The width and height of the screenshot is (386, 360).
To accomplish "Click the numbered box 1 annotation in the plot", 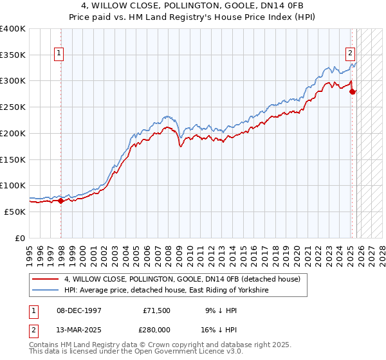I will [59, 54].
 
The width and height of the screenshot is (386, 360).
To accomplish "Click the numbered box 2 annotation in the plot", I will [350, 54].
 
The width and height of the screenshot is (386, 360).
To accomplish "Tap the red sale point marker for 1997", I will [61, 201].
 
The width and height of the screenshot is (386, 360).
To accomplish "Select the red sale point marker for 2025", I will [353, 91].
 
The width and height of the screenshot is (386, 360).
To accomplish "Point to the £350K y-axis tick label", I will [13, 55].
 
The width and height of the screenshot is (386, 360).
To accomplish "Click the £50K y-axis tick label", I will [15, 212].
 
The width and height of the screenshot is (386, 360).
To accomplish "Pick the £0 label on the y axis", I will [21, 238].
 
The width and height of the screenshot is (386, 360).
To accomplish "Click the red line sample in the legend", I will [45, 280].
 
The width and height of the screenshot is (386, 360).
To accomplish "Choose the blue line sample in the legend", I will [45, 291].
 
